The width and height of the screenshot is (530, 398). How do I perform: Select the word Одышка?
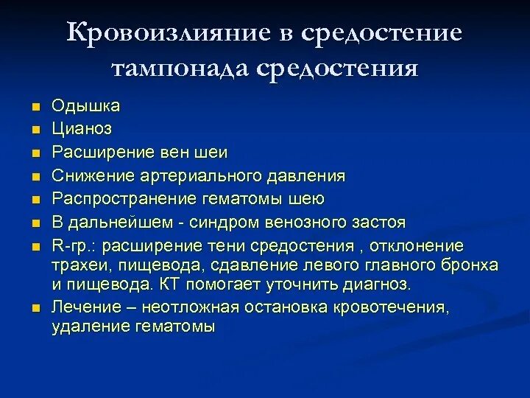[x=85, y=106]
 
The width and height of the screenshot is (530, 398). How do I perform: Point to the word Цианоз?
[x=82, y=130]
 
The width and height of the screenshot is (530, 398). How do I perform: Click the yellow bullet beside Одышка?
[x=36, y=107]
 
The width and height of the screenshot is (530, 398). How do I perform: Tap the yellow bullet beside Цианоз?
[x=36, y=130]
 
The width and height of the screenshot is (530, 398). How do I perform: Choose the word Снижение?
[x=88, y=176]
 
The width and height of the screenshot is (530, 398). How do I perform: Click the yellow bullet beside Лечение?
[x=36, y=307]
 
